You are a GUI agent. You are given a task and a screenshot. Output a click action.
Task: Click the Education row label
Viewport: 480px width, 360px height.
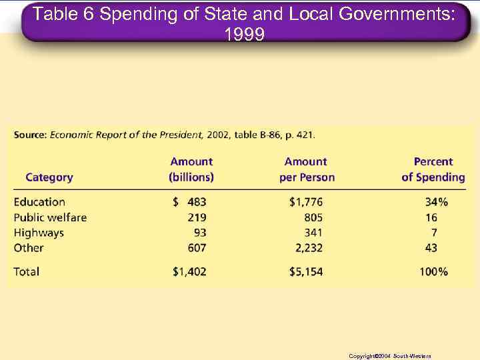click(39, 202)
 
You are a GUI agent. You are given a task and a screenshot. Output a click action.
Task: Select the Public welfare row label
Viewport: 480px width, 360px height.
click(50, 217)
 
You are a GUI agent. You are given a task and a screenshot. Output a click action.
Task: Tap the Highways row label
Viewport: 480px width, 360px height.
click(39, 233)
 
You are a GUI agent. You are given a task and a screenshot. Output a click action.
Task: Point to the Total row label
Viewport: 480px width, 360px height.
click(27, 271)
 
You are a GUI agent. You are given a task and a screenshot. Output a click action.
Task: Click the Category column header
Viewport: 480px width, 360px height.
click(49, 177)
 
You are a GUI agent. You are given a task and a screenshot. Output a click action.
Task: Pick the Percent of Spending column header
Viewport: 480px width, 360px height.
click(433, 169)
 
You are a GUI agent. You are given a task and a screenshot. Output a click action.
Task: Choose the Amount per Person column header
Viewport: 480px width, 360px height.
click(307, 169)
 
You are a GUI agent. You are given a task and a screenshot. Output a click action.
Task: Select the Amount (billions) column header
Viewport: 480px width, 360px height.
click(191, 169)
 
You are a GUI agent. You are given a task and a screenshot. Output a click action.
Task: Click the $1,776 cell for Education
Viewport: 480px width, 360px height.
click(306, 202)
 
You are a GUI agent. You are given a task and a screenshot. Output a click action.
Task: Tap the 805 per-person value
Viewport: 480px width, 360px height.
click(313, 217)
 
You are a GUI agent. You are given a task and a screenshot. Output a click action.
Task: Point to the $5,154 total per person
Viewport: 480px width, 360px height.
click(306, 271)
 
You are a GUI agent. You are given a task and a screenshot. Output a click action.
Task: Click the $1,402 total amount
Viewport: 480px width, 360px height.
click(189, 271)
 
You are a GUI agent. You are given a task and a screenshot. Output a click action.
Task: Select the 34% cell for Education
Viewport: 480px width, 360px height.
click(437, 202)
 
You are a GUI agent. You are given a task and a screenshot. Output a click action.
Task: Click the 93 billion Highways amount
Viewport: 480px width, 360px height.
click(200, 233)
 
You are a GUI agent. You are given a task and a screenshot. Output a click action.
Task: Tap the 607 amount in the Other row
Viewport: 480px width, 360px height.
click(197, 248)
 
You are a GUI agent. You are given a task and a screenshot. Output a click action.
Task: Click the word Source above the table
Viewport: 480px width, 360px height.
click(30, 134)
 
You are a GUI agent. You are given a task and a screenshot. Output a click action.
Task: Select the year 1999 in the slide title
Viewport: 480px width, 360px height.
click(245, 33)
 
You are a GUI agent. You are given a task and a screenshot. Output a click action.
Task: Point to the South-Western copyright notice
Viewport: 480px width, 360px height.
click(389, 356)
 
